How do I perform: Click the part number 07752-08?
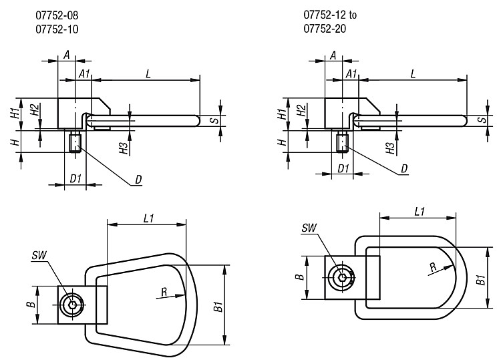[57, 15]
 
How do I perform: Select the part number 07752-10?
[57, 29]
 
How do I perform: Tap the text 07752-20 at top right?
[325, 29]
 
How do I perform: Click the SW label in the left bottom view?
[39, 255]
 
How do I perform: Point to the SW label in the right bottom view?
[309, 228]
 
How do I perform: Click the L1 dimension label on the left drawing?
[149, 218]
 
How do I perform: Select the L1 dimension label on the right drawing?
[420, 212]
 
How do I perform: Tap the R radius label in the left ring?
[164, 292]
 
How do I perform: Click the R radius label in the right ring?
[433, 267]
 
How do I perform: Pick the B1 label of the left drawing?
[218, 307]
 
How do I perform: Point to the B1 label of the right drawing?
[481, 279]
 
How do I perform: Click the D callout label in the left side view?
[138, 180]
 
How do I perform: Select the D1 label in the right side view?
[343, 168]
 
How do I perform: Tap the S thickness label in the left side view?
[216, 121]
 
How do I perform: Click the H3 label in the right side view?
[390, 148]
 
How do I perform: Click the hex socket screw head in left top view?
[73, 305]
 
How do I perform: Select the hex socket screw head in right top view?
[343, 277]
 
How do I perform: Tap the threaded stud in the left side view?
[75, 143]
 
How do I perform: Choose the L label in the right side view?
[413, 74]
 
